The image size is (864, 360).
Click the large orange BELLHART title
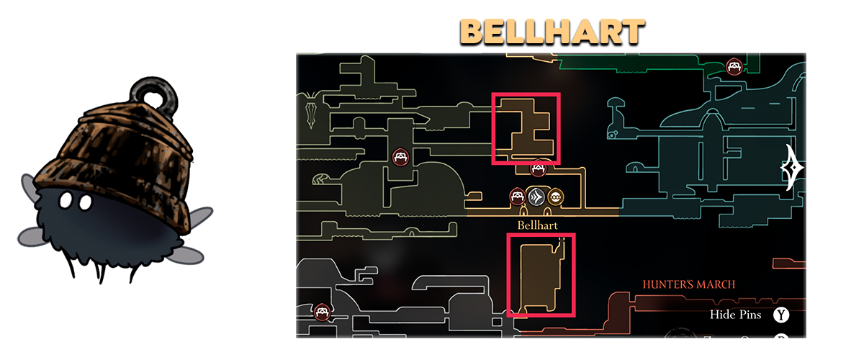pyautogui.click(x=552, y=32)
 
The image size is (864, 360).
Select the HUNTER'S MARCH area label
pyautogui.click(x=689, y=284)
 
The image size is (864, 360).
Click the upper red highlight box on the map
pyautogui.click(x=525, y=128)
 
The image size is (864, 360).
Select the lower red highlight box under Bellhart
pyautogui.click(x=541, y=275)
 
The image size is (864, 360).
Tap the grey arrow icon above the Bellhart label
pyautogui.click(x=536, y=197)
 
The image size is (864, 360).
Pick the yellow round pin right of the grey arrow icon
pyautogui.click(x=555, y=197)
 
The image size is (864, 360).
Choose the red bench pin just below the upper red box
pyautogui.click(x=537, y=169)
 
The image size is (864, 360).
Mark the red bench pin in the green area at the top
pyautogui.click(x=734, y=67)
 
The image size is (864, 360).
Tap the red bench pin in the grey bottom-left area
pyautogui.click(x=322, y=312)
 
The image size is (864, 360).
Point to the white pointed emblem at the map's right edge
pyautogui.click(x=793, y=168)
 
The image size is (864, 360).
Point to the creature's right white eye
pyautogui.click(x=84, y=204)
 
